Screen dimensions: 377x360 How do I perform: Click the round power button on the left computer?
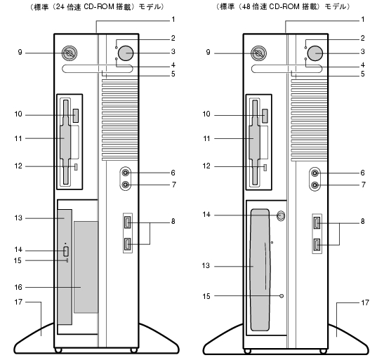click(x=126, y=53)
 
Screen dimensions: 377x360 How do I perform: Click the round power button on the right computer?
click(x=315, y=53)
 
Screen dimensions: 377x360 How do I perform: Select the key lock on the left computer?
click(x=70, y=53)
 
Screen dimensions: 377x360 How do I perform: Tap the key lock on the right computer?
click(x=258, y=53)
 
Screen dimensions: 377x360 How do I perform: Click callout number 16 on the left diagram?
click(x=18, y=287)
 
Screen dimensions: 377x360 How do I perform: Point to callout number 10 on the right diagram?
click(x=206, y=114)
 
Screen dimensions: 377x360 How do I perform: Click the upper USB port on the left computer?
click(x=128, y=222)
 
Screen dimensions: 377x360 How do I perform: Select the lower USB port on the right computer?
click(x=317, y=245)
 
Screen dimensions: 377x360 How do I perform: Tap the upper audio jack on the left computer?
click(x=126, y=173)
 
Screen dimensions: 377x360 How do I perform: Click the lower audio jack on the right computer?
click(x=315, y=185)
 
